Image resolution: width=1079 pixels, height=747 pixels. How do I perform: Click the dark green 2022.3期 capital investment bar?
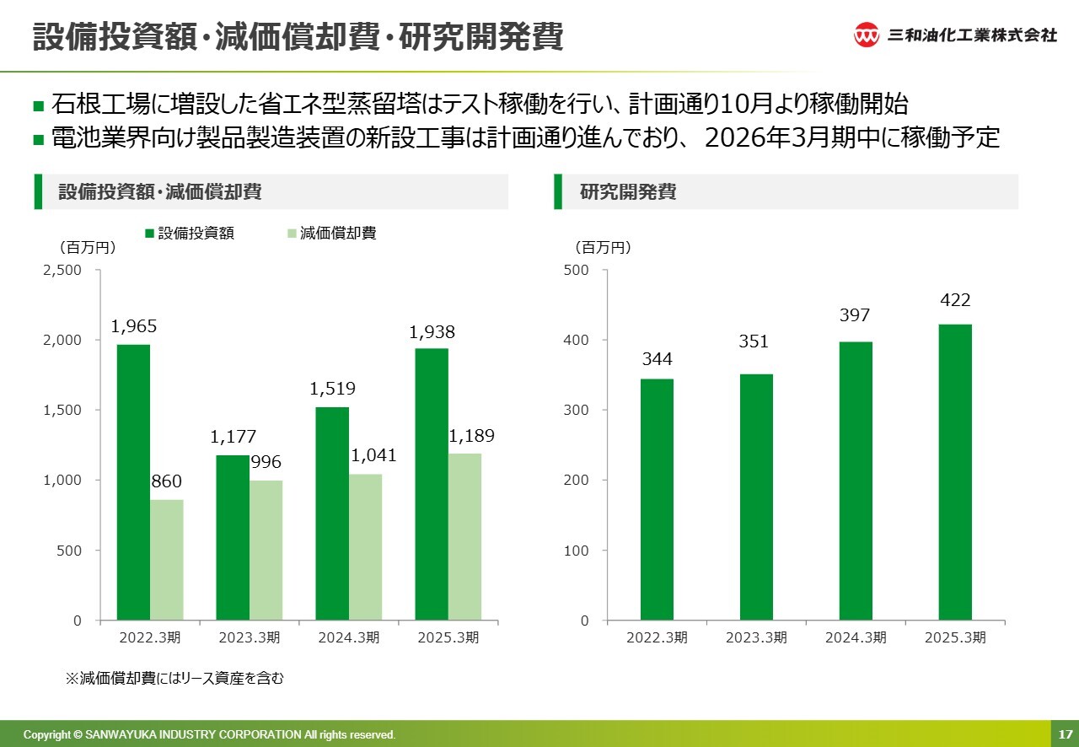(133, 482)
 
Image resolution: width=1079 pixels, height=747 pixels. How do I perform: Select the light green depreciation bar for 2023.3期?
(266, 550)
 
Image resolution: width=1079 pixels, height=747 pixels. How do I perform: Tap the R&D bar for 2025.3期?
(955, 472)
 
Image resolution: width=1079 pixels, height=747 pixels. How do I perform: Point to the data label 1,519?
(332, 389)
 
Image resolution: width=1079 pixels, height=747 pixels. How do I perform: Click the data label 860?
(166, 481)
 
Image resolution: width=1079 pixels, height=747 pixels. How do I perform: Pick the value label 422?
(955, 300)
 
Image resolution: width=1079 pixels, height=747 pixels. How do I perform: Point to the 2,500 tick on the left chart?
(64, 270)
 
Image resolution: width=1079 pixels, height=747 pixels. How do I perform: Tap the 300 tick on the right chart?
(577, 410)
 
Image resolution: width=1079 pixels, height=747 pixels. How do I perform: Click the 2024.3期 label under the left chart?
(348, 637)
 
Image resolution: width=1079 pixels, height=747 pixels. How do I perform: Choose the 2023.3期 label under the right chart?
(756, 637)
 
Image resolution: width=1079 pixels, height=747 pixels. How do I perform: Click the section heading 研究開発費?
(628, 192)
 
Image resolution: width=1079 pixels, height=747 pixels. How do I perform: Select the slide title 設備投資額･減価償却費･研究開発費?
(298, 38)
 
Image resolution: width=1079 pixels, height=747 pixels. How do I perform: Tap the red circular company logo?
(867, 35)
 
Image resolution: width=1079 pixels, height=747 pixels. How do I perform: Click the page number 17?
(1065, 734)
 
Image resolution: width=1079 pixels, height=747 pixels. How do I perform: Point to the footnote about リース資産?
(174, 678)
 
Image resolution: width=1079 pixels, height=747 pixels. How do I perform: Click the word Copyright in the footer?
(47, 734)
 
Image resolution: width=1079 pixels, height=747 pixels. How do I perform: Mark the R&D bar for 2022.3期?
(657, 499)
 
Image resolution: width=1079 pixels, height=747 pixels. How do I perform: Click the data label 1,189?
(471, 436)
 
